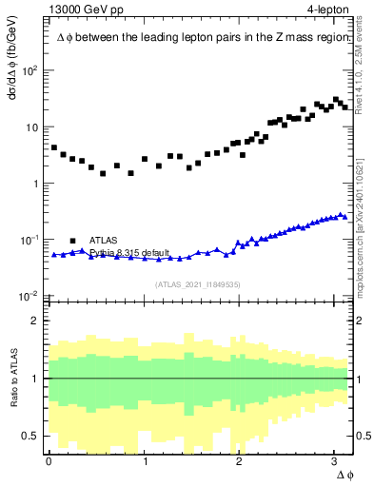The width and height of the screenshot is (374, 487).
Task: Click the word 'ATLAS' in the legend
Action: [104, 240]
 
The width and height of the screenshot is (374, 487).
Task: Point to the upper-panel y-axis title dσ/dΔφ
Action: [12, 71]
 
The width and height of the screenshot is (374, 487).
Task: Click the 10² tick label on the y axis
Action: [30, 71]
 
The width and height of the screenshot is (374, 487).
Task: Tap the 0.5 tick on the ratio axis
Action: [32, 436]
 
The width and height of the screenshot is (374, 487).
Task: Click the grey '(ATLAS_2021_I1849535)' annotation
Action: [198, 284]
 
